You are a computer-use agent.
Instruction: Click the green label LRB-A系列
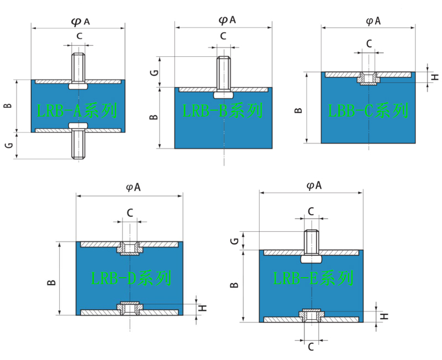(77, 112)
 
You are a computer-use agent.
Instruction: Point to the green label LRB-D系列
(131, 278)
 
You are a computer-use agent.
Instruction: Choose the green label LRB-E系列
(313, 278)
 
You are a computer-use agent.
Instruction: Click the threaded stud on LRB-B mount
(223, 72)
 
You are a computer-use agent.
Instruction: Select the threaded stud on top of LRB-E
(311, 241)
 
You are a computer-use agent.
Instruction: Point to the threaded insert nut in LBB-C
(368, 79)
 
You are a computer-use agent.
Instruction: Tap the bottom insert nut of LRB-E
(311, 316)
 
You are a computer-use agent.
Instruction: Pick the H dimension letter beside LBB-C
(434, 77)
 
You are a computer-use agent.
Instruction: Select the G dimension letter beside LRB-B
(156, 72)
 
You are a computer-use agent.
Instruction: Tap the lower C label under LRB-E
(311, 346)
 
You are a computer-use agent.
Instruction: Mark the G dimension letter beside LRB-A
(8, 146)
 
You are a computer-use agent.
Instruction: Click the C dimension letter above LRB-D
(130, 213)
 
